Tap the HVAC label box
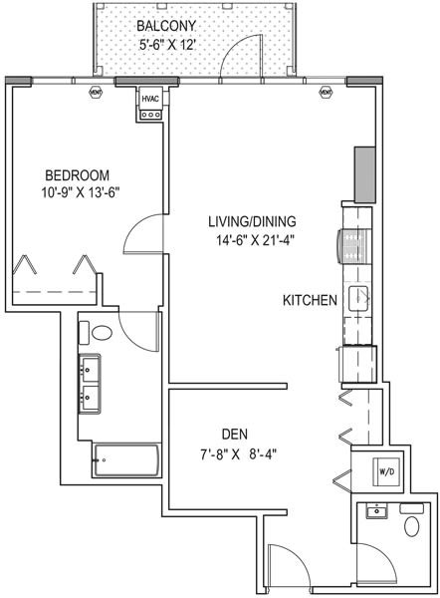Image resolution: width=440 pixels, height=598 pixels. pos(150,99)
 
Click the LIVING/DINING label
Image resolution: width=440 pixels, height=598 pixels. pos(253,220)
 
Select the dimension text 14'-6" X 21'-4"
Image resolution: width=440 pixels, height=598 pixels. pos(253,239)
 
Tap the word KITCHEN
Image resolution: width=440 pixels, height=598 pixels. pos(310,300)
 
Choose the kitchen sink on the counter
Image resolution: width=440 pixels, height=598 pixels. pos(357,297)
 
